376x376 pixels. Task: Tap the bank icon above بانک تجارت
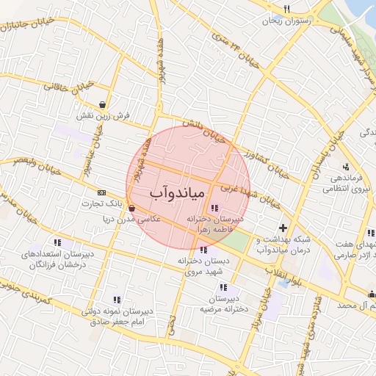(x=101, y=191)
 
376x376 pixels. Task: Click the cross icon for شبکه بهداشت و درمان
(x=283, y=228)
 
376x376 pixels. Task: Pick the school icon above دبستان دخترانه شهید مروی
(x=203, y=250)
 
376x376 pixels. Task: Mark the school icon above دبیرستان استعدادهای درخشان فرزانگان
(x=57, y=242)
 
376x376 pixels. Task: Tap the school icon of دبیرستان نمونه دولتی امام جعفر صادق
(x=116, y=299)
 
